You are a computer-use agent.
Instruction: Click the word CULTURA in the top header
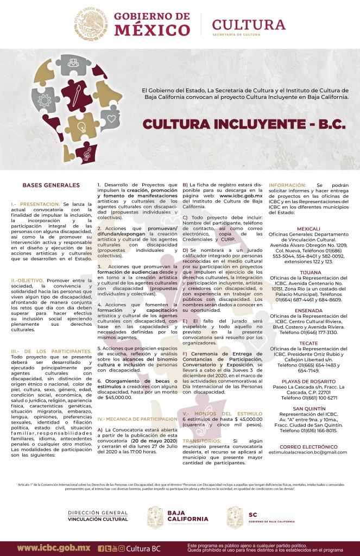click(248, 24)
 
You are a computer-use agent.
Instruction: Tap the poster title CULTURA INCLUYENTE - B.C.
click(244, 124)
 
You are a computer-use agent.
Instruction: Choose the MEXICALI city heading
click(308, 229)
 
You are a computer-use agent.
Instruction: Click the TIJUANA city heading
click(308, 271)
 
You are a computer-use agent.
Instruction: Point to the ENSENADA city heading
click(308, 310)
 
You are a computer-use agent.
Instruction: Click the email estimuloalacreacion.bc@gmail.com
click(308, 452)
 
